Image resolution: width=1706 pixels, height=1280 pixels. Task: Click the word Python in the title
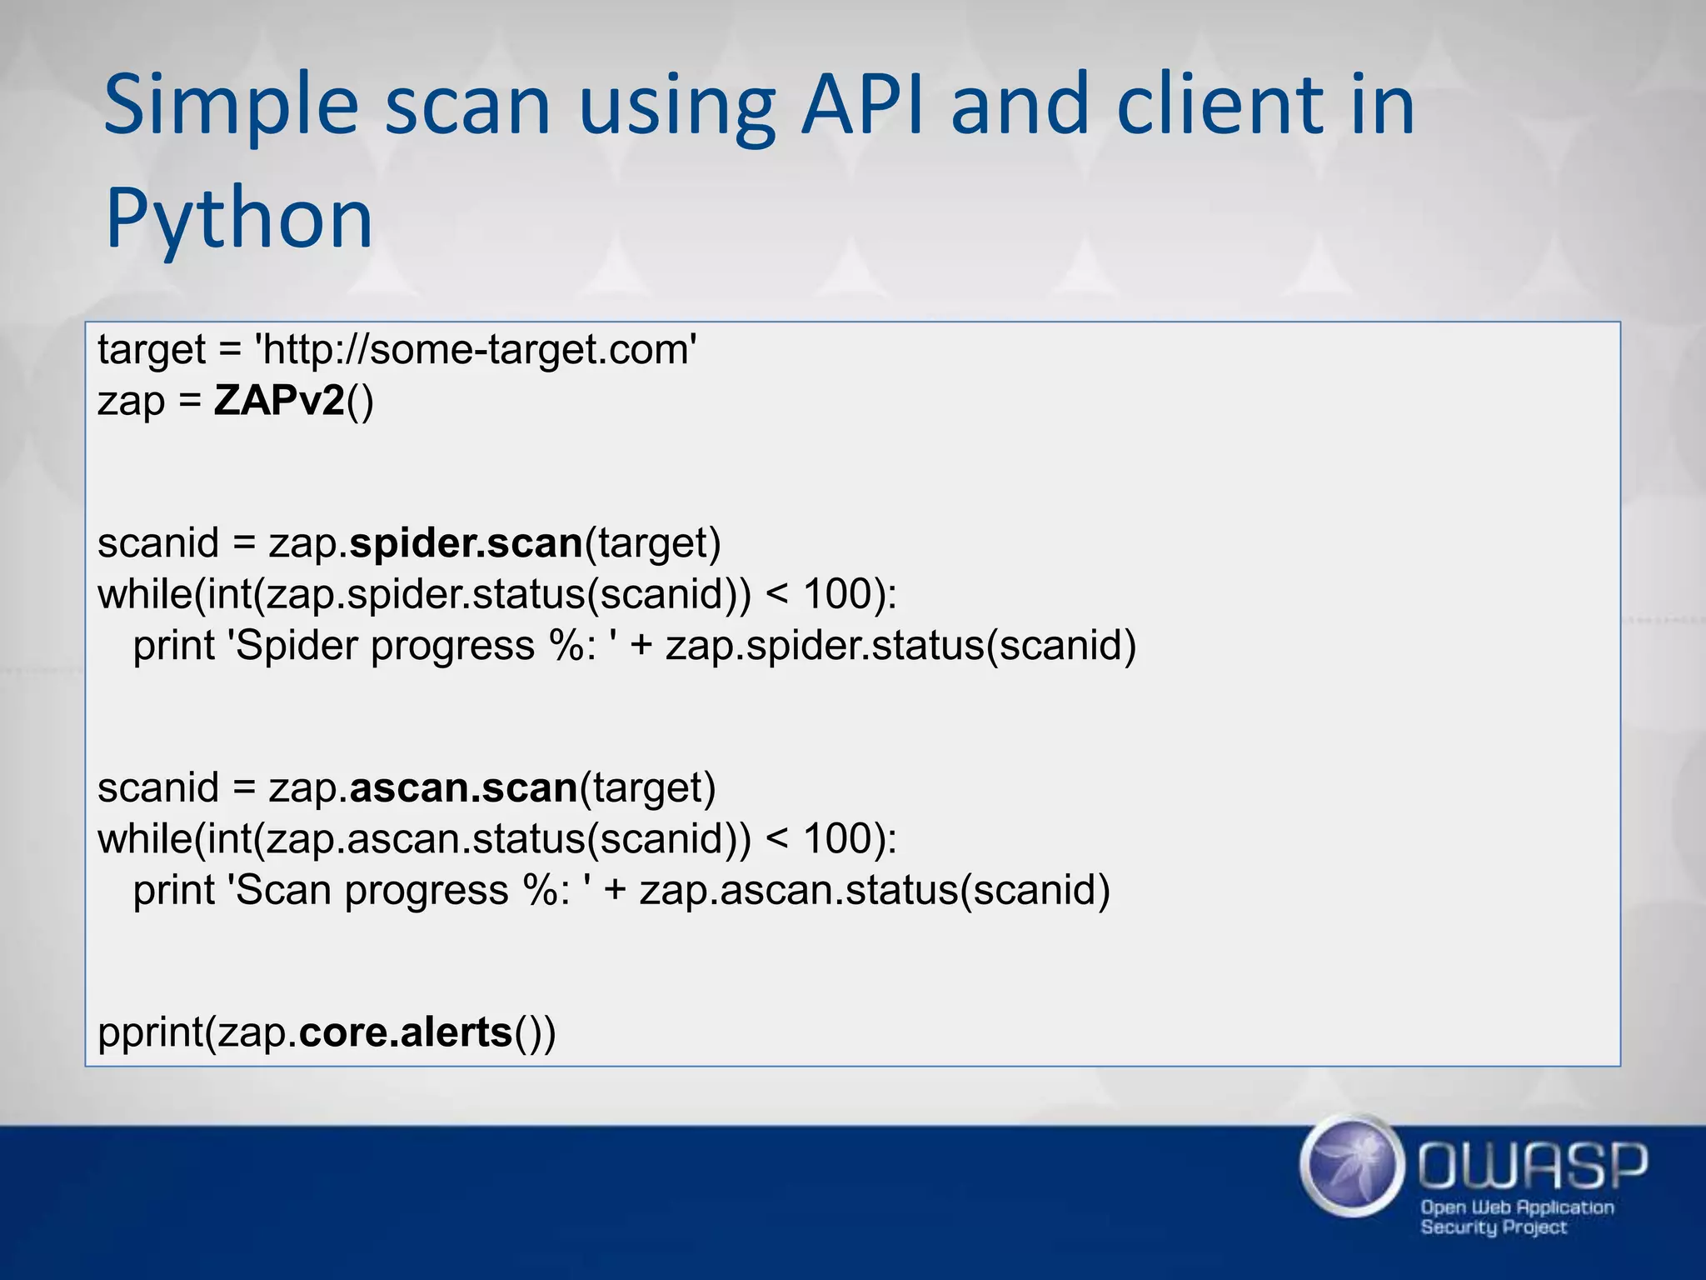tap(239, 218)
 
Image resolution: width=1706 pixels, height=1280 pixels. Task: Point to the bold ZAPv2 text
tap(279, 401)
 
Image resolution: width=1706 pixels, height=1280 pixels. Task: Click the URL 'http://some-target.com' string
tap(476, 349)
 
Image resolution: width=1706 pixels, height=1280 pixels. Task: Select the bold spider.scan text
tap(466, 543)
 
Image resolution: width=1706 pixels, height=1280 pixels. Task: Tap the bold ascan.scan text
tap(464, 787)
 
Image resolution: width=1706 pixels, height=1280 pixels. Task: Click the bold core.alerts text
tap(406, 1032)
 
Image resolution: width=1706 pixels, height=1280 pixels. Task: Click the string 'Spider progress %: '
tap(422, 646)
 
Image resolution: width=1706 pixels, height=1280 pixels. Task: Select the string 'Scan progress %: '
tap(409, 890)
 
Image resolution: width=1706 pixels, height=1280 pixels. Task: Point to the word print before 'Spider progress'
tap(173, 647)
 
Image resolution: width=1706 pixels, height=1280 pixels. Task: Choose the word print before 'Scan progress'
tap(173, 891)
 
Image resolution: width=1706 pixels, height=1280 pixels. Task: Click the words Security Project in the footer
tap(1493, 1227)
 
